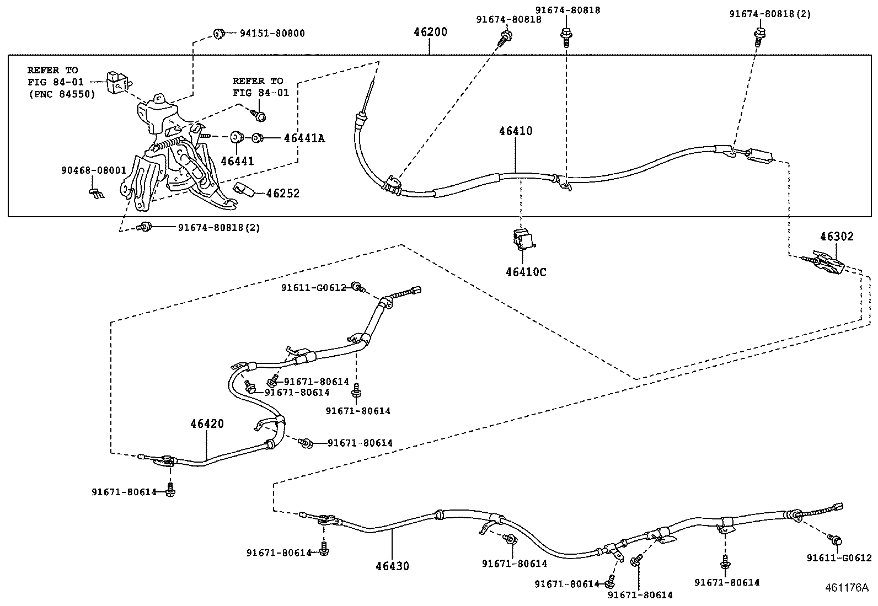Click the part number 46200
[430, 32]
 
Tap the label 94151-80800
[272, 33]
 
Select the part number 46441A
[304, 138]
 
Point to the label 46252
[282, 193]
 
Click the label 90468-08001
[94, 170]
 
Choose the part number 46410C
[526, 272]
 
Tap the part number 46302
[837, 237]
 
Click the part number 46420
[207, 423]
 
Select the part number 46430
[392, 566]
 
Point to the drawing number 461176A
[847, 587]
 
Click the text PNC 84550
[63, 94]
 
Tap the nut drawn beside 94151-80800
[219, 34]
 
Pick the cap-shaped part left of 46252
[244, 189]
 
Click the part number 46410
[516, 131]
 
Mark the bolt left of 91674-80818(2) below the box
[146, 227]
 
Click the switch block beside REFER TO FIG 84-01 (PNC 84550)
[118, 83]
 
